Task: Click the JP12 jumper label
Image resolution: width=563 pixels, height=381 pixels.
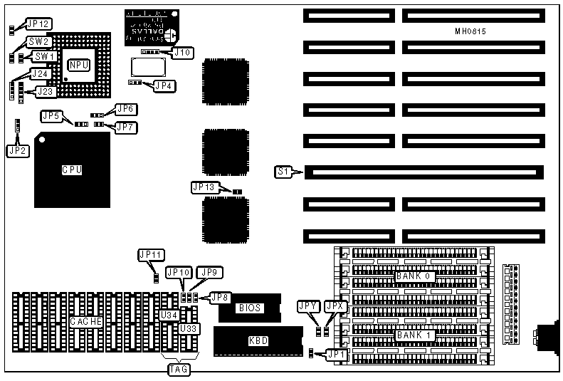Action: pos(38,24)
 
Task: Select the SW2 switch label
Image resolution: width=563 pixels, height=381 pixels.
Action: pos(38,42)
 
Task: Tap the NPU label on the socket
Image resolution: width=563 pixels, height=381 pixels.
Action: pos(78,65)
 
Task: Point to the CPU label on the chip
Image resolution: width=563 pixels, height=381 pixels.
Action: pos(72,170)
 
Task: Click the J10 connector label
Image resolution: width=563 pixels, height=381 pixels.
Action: pos(183,52)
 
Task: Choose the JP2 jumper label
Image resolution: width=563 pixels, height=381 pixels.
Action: pos(16,150)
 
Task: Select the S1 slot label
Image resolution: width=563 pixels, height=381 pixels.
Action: pos(283,172)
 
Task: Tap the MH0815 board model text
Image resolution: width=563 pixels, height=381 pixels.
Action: pos(470,32)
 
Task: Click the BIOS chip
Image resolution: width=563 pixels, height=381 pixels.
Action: pos(249,308)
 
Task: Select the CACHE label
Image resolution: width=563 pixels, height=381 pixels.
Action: pos(87,322)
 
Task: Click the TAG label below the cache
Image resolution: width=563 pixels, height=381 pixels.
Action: pos(178,369)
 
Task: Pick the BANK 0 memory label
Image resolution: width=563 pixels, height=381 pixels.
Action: pos(414,276)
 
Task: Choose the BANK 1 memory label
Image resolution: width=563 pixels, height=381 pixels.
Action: pos(414,335)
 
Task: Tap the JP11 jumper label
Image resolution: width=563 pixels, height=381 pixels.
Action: pos(152,254)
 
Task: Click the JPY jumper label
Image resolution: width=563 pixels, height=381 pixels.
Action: pos(308,306)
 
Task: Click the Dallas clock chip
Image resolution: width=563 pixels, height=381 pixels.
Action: pos(152,28)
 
